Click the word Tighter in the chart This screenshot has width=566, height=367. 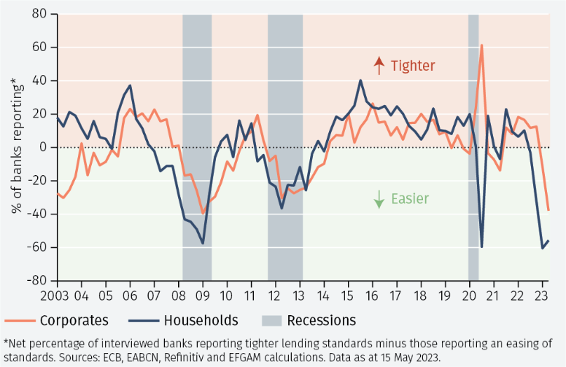click(x=412, y=66)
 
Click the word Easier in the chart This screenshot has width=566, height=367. click(x=409, y=198)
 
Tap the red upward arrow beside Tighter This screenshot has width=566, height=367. click(x=379, y=66)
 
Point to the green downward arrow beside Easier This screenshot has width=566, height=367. click(x=379, y=199)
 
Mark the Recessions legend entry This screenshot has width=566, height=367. click(x=321, y=320)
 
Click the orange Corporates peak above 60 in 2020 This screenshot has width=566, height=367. click(x=481, y=45)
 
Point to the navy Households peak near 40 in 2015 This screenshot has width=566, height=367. click(x=360, y=80)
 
